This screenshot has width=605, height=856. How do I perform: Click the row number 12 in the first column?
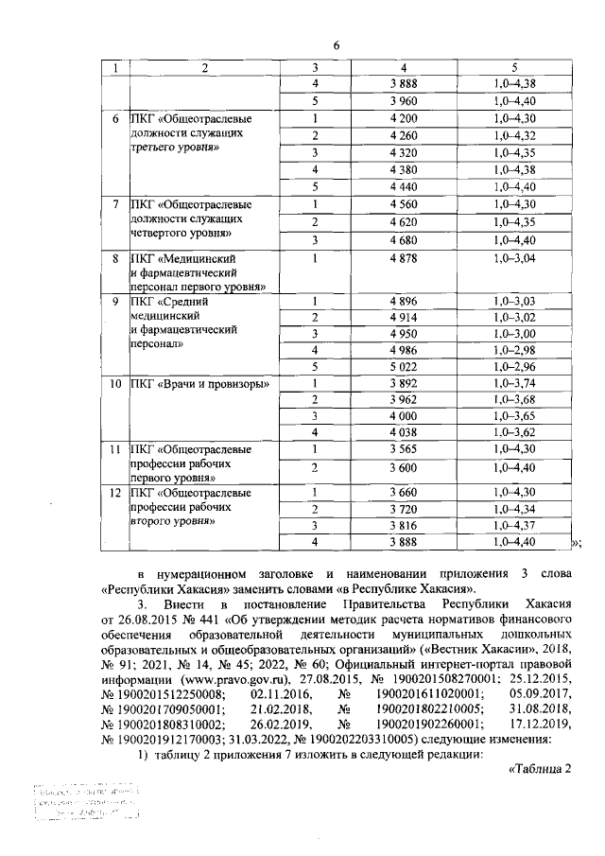pyautogui.click(x=114, y=493)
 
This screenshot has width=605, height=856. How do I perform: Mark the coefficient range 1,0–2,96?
pyautogui.click(x=514, y=368)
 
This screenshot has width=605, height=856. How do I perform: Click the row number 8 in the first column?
pyautogui.click(x=114, y=257)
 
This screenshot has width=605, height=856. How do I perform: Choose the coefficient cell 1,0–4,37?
pyautogui.click(x=514, y=525)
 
